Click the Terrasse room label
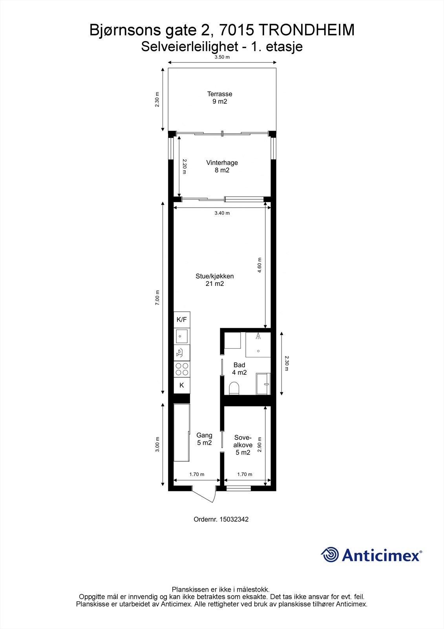tap(220, 97)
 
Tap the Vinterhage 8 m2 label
tap(222, 166)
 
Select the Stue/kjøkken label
tap(215, 280)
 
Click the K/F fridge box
tap(182, 320)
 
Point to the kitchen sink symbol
tap(182, 336)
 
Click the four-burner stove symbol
tap(182, 369)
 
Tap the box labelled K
tap(182, 385)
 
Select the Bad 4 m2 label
tap(239, 369)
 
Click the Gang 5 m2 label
tap(205, 439)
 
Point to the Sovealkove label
tap(243, 445)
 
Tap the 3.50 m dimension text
tap(222, 57)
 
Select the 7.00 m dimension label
tap(158, 298)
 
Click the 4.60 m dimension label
tap(259, 265)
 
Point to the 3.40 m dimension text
tap(222, 213)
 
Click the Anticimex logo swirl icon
tap(330, 555)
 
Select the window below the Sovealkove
tap(239, 489)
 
